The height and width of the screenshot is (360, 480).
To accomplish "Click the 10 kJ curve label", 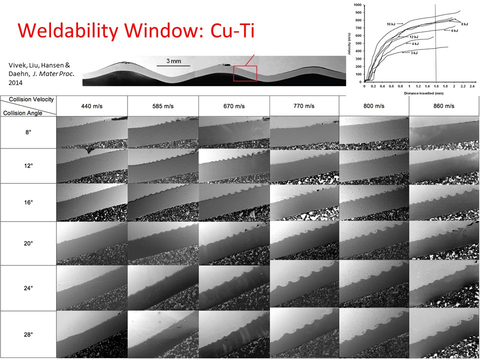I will (x=391, y=24).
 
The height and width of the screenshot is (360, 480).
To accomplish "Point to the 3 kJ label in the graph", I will (x=414, y=52).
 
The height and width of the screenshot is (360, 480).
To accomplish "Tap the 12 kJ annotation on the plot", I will (x=413, y=37).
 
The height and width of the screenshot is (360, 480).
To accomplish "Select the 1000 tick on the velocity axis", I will (x=357, y=5).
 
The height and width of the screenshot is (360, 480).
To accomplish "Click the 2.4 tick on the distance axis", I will (x=471, y=86).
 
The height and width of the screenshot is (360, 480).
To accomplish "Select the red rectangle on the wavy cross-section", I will (x=245, y=73).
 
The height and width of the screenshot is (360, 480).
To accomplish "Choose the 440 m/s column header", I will (x=92, y=106).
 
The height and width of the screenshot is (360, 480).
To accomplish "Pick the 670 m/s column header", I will (x=234, y=106).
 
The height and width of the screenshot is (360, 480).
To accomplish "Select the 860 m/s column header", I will (x=443, y=106).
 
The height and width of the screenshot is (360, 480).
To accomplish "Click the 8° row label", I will (x=28, y=132).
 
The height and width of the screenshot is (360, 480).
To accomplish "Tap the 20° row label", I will (x=28, y=243).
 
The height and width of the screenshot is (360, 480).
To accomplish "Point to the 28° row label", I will (x=28, y=334).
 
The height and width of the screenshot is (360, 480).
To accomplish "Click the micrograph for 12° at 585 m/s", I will (x=163, y=166).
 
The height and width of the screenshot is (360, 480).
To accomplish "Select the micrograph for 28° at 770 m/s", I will (x=304, y=334).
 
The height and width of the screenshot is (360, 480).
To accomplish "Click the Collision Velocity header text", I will (x=31, y=99).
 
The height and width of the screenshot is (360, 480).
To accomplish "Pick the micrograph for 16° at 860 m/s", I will (x=443, y=202).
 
